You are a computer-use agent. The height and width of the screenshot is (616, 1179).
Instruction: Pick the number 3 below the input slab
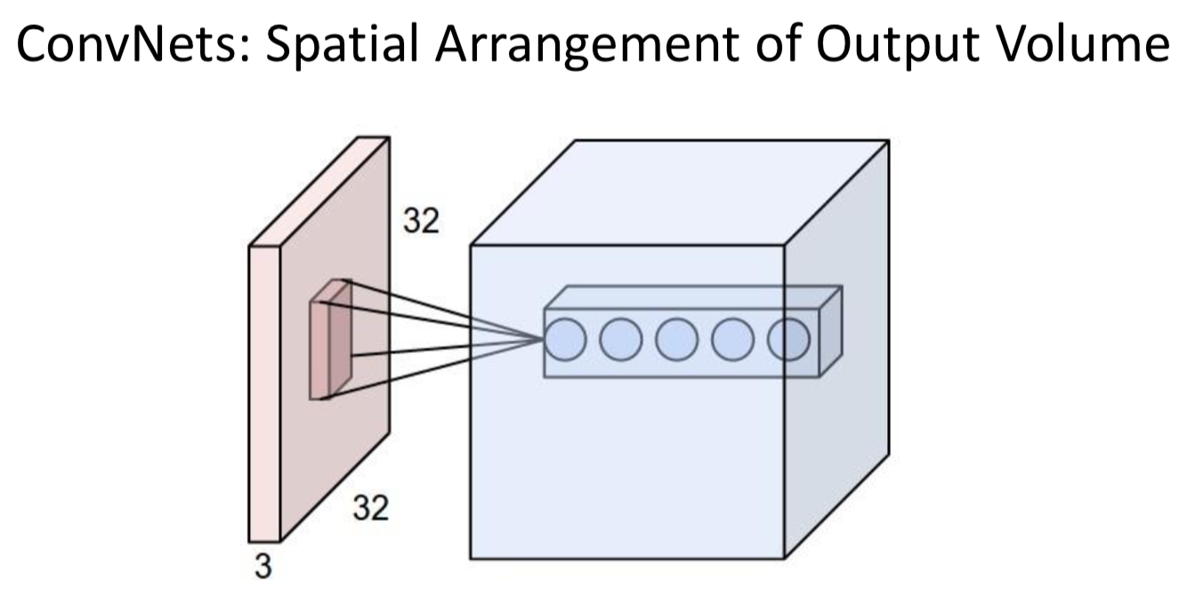(x=262, y=566)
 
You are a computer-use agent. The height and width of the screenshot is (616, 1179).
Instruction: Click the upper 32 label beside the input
(x=421, y=222)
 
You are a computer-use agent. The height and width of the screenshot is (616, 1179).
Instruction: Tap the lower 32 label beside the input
(x=371, y=509)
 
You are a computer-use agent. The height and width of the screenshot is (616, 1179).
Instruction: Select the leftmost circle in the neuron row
(x=564, y=340)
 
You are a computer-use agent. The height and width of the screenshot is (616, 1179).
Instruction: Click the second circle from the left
(x=620, y=340)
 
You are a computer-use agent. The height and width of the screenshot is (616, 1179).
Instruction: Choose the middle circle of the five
(x=676, y=340)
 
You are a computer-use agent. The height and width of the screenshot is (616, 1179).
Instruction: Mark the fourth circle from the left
(x=732, y=340)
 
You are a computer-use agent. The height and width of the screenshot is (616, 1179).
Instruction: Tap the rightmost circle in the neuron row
(x=788, y=340)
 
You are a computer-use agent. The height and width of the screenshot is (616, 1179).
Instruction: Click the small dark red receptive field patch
(x=330, y=343)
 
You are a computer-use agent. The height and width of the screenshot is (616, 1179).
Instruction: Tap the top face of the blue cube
(x=676, y=191)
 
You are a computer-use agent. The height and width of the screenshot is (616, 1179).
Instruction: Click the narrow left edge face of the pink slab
(x=264, y=392)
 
